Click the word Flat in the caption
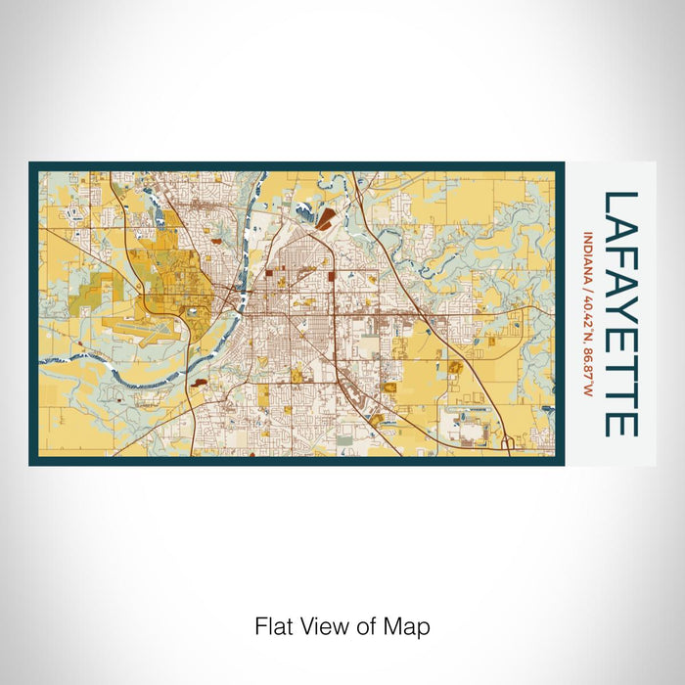(273, 625)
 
